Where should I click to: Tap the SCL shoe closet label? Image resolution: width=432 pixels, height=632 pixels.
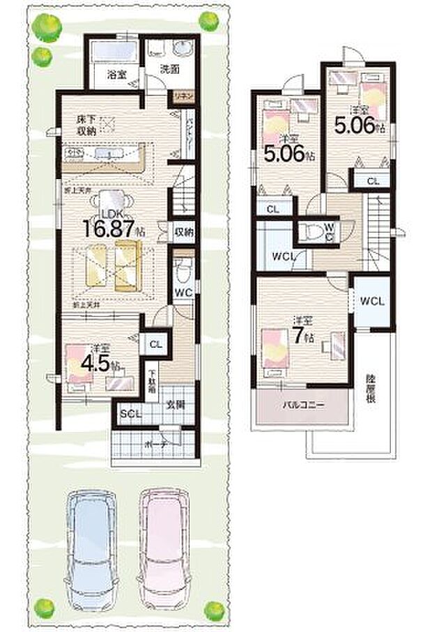[130, 414]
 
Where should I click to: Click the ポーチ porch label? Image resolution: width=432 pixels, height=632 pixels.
[155, 443]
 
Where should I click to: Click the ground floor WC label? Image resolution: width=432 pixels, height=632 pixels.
[183, 292]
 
